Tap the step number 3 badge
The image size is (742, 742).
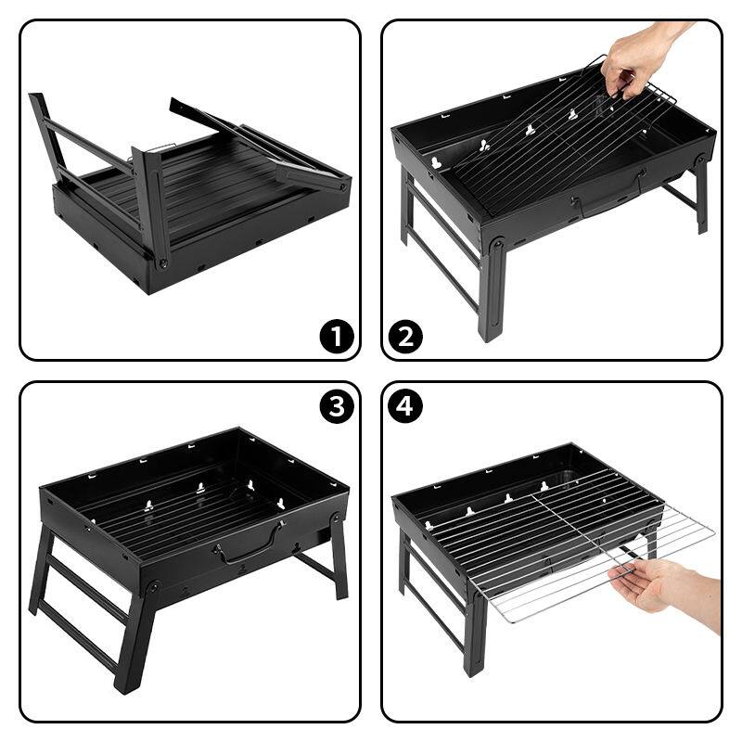[337, 406]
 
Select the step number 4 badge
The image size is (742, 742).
[404, 406]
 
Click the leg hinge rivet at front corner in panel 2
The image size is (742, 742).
[498, 243]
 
